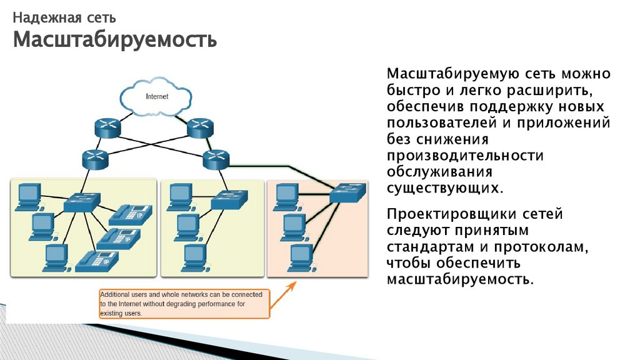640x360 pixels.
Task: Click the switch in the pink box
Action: (346, 191)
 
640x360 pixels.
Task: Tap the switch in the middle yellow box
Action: (227, 200)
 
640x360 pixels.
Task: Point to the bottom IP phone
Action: (96, 260)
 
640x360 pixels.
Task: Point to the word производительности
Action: (465, 155)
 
